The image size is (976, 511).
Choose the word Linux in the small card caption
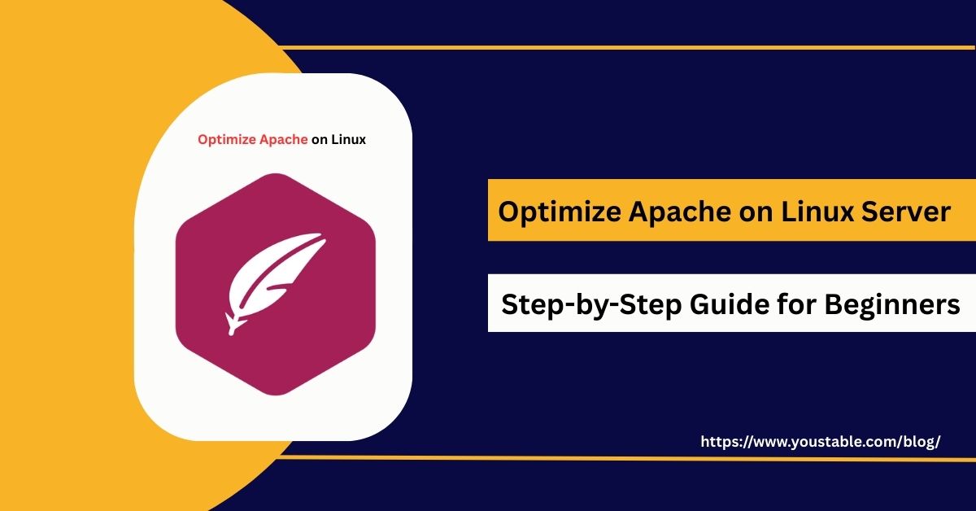pos(348,139)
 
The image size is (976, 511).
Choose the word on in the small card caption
pos(320,139)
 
